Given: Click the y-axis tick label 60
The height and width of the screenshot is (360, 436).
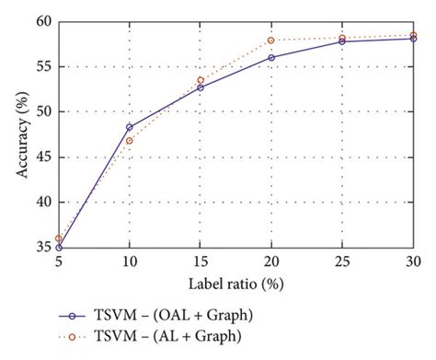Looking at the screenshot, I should click(x=43, y=21).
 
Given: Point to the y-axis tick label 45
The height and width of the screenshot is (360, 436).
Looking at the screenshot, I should click(x=43, y=157).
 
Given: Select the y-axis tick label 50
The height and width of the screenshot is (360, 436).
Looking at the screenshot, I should click(x=43, y=111).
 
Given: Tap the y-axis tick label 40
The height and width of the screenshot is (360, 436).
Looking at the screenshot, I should click(x=43, y=203).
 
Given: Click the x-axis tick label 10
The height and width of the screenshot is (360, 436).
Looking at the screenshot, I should click(x=129, y=261).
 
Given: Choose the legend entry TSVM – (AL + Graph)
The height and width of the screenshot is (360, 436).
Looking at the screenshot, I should click(x=178, y=337).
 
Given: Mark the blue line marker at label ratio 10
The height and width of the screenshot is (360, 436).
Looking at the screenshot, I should click(x=129, y=127).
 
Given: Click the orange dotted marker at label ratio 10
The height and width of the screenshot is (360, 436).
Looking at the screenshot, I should click(x=129, y=140).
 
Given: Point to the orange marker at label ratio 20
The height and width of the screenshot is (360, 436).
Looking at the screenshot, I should click(x=271, y=41).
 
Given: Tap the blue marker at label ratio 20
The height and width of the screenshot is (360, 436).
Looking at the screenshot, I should click(x=271, y=57).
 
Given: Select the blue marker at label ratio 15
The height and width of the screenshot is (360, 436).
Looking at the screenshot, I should click(x=200, y=87).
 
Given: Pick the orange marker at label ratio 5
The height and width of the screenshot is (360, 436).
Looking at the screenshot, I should click(x=58, y=238).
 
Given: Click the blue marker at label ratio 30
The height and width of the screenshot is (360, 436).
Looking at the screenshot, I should click(x=413, y=39).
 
